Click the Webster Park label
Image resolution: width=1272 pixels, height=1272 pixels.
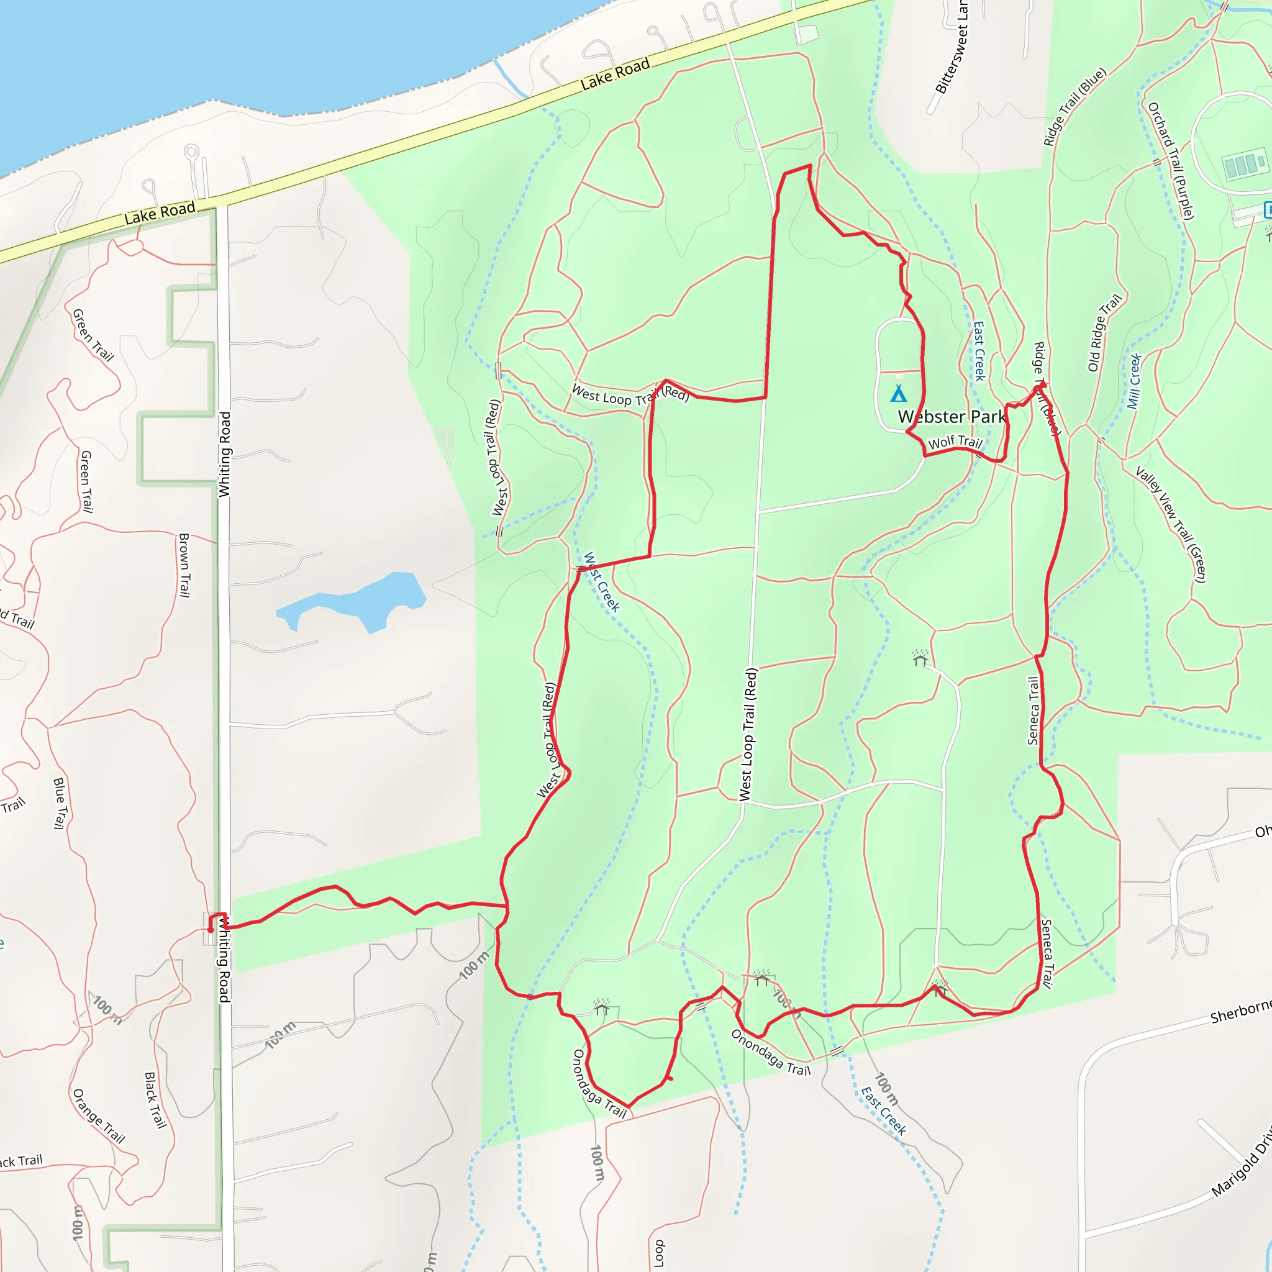(952, 417)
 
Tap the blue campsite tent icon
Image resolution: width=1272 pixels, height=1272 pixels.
(899, 394)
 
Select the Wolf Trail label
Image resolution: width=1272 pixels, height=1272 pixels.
(955, 442)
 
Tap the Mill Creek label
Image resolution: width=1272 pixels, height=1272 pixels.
(1133, 381)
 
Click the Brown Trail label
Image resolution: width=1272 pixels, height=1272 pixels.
(184, 565)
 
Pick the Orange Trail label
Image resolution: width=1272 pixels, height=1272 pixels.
(99, 1115)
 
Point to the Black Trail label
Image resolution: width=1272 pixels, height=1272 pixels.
(155, 1099)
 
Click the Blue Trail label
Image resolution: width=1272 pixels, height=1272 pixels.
(60, 802)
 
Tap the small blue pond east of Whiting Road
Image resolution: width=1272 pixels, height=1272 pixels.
(355, 602)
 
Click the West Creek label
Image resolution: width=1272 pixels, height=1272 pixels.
(602, 582)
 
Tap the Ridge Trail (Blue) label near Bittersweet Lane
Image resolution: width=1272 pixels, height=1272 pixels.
(1074, 107)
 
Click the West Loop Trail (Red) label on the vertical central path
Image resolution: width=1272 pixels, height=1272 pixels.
(748, 734)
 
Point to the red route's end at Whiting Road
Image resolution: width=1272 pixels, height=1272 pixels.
(211, 930)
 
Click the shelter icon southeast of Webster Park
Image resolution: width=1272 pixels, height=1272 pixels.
(920, 658)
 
